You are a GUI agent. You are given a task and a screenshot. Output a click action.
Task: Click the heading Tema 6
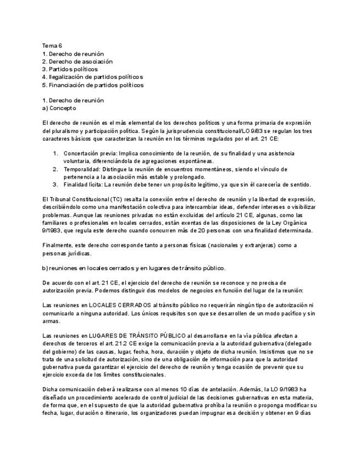tap(52, 46)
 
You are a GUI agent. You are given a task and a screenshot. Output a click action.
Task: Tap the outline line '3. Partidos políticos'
tap(70, 69)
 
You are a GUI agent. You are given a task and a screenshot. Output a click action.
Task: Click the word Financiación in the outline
tap(67, 85)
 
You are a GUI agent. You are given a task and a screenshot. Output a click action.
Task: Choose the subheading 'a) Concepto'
tap(59, 108)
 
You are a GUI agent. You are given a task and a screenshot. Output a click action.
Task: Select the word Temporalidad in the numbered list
tap(81, 169)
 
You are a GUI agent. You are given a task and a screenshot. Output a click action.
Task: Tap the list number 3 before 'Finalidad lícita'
tap(56, 185)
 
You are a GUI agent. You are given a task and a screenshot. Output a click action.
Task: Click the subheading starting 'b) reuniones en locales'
tap(134, 268)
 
